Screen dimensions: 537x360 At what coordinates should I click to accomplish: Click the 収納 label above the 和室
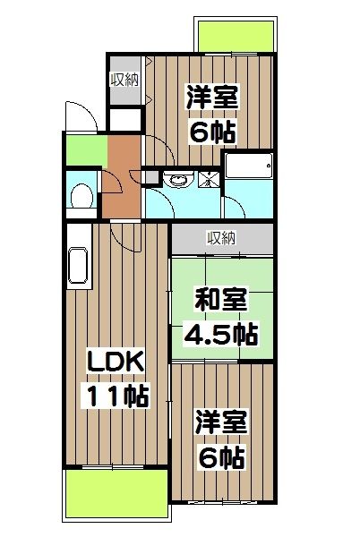click(x=221, y=237)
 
